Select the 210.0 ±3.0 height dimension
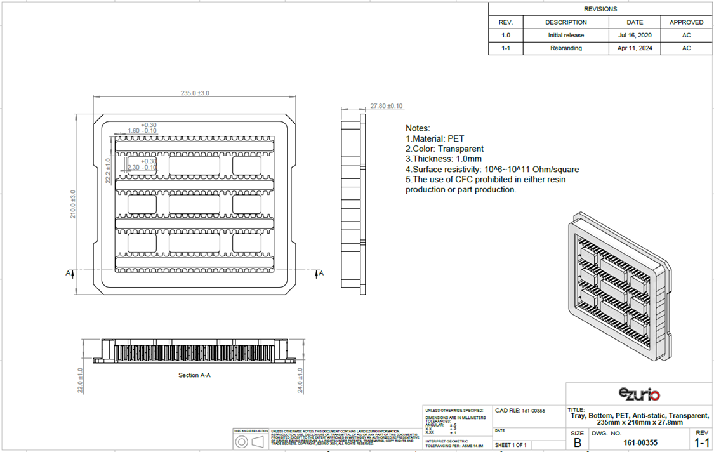[x=73, y=203]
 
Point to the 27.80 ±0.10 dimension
[x=387, y=106]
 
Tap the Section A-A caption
[x=194, y=375]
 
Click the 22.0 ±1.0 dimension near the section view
[x=80, y=380]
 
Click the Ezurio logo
[x=638, y=394]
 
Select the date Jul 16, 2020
[x=635, y=36]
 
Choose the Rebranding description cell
[x=565, y=48]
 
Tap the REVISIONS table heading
[x=600, y=9]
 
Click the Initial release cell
[x=565, y=36]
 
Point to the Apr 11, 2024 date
[x=635, y=48]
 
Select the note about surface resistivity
[x=492, y=169]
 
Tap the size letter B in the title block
[x=577, y=442]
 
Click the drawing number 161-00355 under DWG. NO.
[x=640, y=442]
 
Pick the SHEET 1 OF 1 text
[x=511, y=444]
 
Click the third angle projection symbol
[x=249, y=441]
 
